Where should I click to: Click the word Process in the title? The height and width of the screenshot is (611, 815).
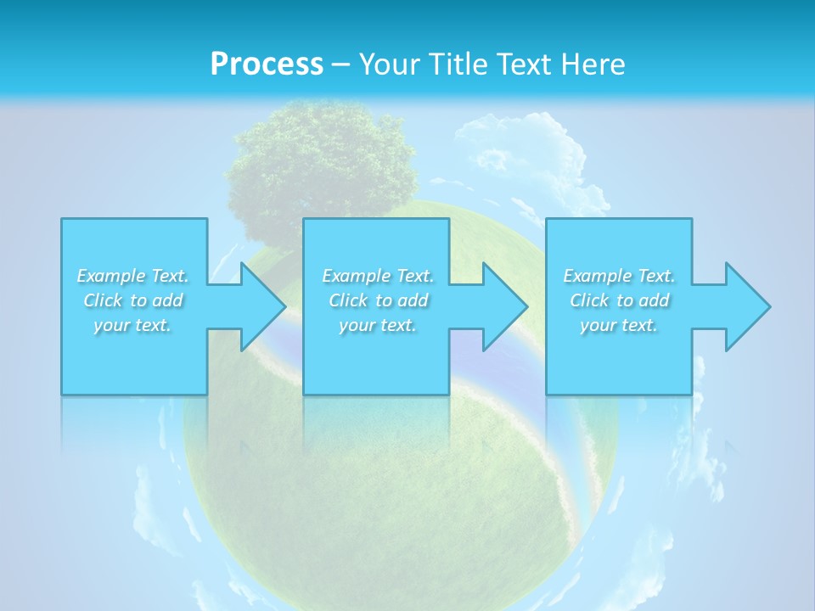[267, 64]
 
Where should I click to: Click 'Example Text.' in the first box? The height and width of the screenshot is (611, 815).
[133, 276]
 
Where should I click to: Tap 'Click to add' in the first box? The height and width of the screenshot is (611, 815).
[133, 300]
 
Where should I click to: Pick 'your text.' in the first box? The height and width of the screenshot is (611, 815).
[133, 325]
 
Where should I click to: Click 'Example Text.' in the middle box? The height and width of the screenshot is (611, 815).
[378, 276]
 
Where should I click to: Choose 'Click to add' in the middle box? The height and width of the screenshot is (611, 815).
[378, 300]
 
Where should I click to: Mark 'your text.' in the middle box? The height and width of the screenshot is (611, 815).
[378, 325]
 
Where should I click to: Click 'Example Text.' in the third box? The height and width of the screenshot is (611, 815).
[619, 276]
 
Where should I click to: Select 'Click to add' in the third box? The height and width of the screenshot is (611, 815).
[619, 300]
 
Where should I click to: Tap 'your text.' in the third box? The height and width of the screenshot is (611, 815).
[619, 325]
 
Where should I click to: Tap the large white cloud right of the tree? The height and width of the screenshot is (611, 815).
[526, 153]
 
